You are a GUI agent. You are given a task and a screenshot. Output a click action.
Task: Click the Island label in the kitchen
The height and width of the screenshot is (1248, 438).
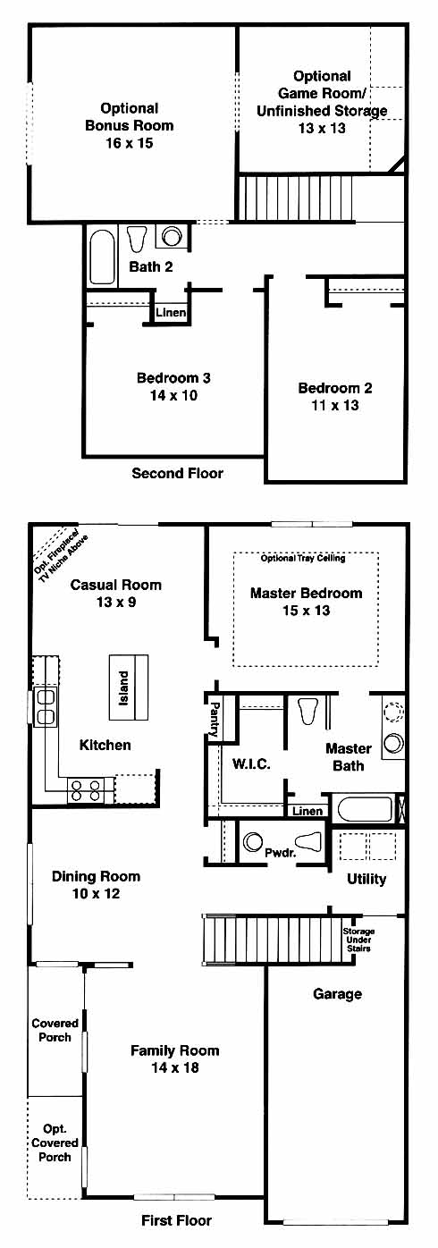[x=123, y=688]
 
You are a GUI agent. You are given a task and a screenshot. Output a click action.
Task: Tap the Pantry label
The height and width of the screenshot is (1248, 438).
[x=214, y=720]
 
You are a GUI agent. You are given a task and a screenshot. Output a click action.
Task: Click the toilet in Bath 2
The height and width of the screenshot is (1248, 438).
[x=136, y=239]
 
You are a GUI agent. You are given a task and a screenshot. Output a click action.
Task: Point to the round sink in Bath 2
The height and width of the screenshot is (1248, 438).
[x=171, y=236]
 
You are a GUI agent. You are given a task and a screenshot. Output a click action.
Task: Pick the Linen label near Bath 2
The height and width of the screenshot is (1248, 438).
[x=171, y=312]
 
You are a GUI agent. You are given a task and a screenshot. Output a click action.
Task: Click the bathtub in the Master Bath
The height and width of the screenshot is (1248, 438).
[x=365, y=808]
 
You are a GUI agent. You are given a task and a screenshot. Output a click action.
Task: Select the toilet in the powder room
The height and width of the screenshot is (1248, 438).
[x=307, y=841]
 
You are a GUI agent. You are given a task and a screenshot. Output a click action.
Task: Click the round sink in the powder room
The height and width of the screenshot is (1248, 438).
[x=253, y=842]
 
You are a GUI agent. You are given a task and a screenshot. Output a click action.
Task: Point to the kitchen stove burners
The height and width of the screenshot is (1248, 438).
[x=85, y=790]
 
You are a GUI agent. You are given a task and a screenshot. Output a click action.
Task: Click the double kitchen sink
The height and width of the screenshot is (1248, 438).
[x=45, y=707]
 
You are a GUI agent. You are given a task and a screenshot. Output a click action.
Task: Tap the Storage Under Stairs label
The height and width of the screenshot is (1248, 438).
[x=358, y=940]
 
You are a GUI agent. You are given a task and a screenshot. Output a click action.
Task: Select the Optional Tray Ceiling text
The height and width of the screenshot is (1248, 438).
[x=303, y=558]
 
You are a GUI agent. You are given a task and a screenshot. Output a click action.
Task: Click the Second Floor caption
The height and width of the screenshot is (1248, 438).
[x=177, y=474]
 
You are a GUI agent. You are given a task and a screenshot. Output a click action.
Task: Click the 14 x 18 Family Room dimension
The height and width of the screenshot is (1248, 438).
[x=174, y=1067]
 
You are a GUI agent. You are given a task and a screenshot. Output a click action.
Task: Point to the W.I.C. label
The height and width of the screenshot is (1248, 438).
[x=251, y=763]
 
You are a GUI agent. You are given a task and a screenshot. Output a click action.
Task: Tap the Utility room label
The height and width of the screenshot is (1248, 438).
[x=366, y=879]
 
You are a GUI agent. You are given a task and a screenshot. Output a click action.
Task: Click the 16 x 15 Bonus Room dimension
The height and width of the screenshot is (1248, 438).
[x=130, y=143]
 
